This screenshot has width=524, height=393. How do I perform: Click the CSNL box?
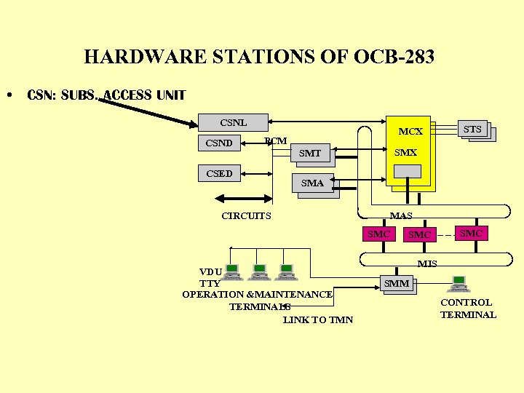pos(234,122)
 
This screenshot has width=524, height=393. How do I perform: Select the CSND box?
pos(219,143)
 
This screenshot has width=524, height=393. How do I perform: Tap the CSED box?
pos(219,173)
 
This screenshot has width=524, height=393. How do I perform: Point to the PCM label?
pos(276,140)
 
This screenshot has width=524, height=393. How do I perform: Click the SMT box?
pos(310,153)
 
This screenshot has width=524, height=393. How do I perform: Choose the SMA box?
pos(312,183)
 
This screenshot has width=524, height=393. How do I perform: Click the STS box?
pos(472,130)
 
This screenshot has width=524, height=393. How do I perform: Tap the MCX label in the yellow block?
pos(410,132)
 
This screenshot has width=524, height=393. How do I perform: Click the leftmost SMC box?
pos(378,234)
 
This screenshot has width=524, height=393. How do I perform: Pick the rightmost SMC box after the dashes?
pos(470,233)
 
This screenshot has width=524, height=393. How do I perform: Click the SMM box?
pos(397,283)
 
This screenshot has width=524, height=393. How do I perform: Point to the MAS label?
pos(401,216)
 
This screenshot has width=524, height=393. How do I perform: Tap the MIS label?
pos(427,263)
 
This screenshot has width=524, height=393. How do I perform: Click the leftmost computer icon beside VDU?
pos(232,272)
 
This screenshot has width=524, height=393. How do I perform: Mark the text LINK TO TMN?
pos(318,319)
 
